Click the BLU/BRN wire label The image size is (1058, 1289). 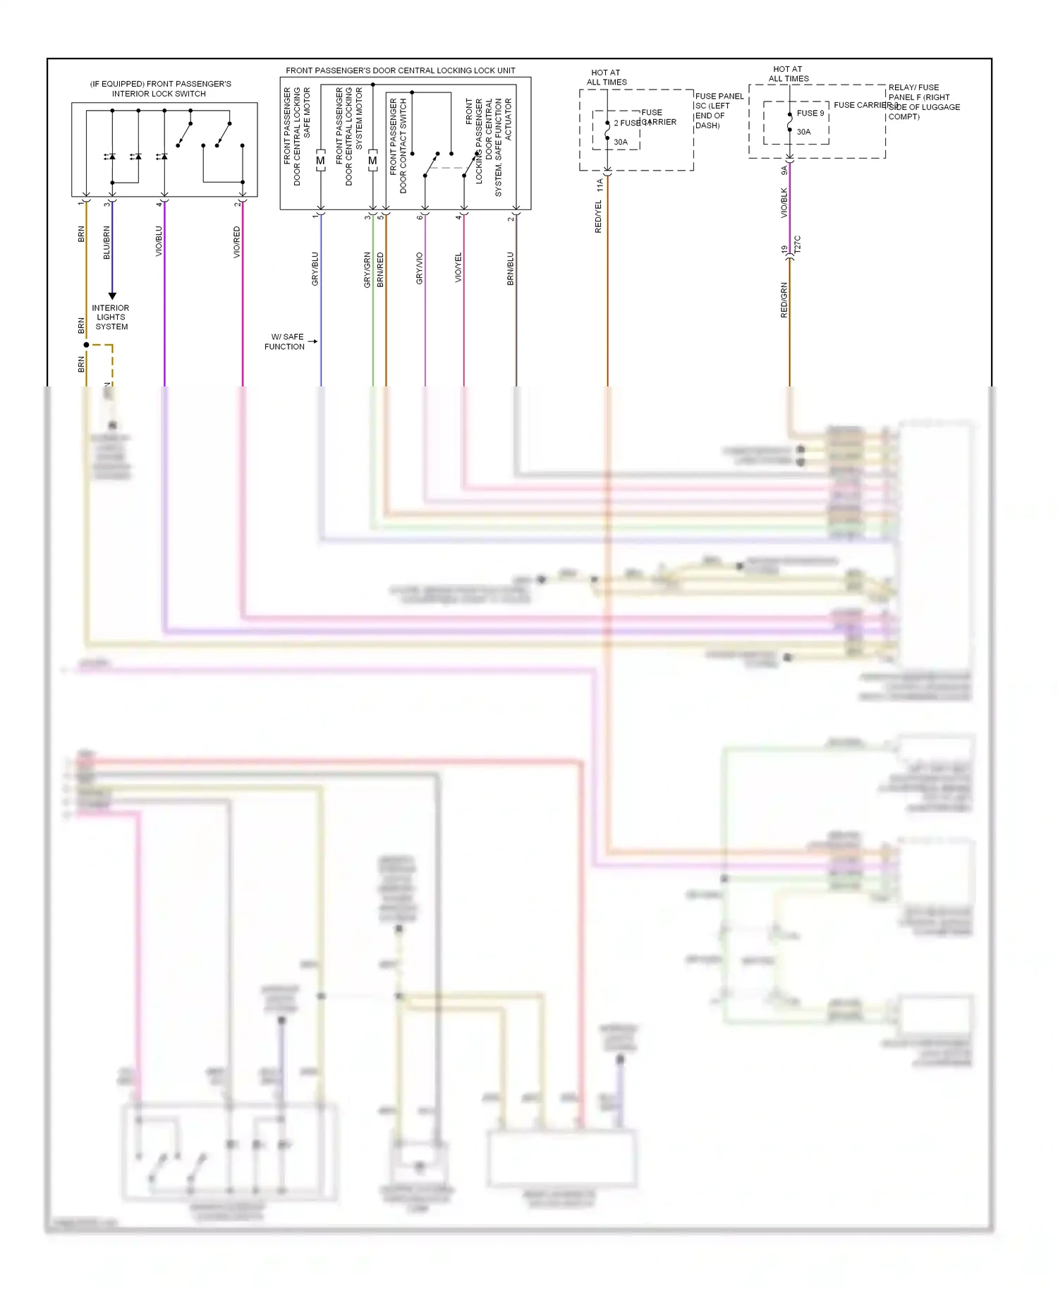107,243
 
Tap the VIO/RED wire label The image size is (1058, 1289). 237,242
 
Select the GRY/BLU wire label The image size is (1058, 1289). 315,269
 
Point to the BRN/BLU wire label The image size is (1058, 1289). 511,269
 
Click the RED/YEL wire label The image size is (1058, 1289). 598,216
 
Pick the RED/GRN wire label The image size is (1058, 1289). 784,300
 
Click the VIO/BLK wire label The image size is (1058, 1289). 784,202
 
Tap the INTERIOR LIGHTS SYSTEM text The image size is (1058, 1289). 111,317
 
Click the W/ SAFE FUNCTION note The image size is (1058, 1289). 285,341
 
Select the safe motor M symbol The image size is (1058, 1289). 320,161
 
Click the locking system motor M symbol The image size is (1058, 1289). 372,161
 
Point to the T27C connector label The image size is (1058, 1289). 798,245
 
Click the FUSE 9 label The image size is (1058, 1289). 810,113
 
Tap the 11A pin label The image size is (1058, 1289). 600,185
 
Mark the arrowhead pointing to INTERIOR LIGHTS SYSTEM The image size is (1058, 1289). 112,296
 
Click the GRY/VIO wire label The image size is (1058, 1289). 420,269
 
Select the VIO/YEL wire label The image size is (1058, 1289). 458,269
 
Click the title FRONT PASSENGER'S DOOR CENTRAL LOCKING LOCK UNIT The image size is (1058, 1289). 400,71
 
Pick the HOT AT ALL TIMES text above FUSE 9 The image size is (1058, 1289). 788,74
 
